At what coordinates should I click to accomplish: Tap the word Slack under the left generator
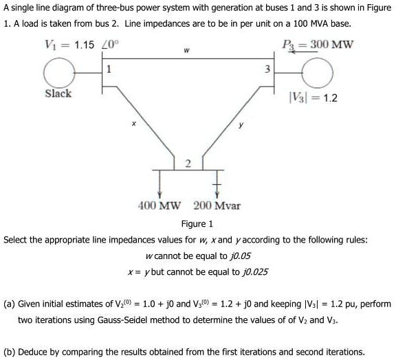[x=58, y=93]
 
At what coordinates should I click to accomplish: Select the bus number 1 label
[x=109, y=69]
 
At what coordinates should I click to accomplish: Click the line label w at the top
[x=187, y=50]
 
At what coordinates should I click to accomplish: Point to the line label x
[x=134, y=124]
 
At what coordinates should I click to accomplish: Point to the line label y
[x=241, y=125]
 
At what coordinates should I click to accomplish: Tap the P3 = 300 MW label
[x=317, y=45]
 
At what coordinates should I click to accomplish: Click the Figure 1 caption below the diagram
[x=197, y=224]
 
